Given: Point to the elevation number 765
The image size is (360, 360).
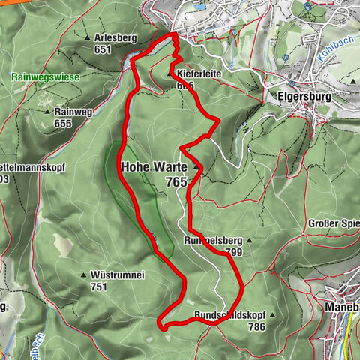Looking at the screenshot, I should point(177,182).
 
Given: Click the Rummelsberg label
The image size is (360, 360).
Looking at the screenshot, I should point(211,241).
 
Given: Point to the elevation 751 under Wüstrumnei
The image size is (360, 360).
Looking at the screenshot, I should point(100,286).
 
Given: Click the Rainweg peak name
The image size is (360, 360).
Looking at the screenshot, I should point(73,109).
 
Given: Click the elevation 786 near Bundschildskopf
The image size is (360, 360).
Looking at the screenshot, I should point(257,327).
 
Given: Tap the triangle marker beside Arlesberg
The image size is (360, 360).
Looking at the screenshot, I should point(88,37).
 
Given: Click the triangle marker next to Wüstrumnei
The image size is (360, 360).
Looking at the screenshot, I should point(84,275).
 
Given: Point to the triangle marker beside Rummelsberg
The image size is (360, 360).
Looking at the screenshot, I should point(248,241).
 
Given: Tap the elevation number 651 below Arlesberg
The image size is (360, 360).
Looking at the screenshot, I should point(103,49).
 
